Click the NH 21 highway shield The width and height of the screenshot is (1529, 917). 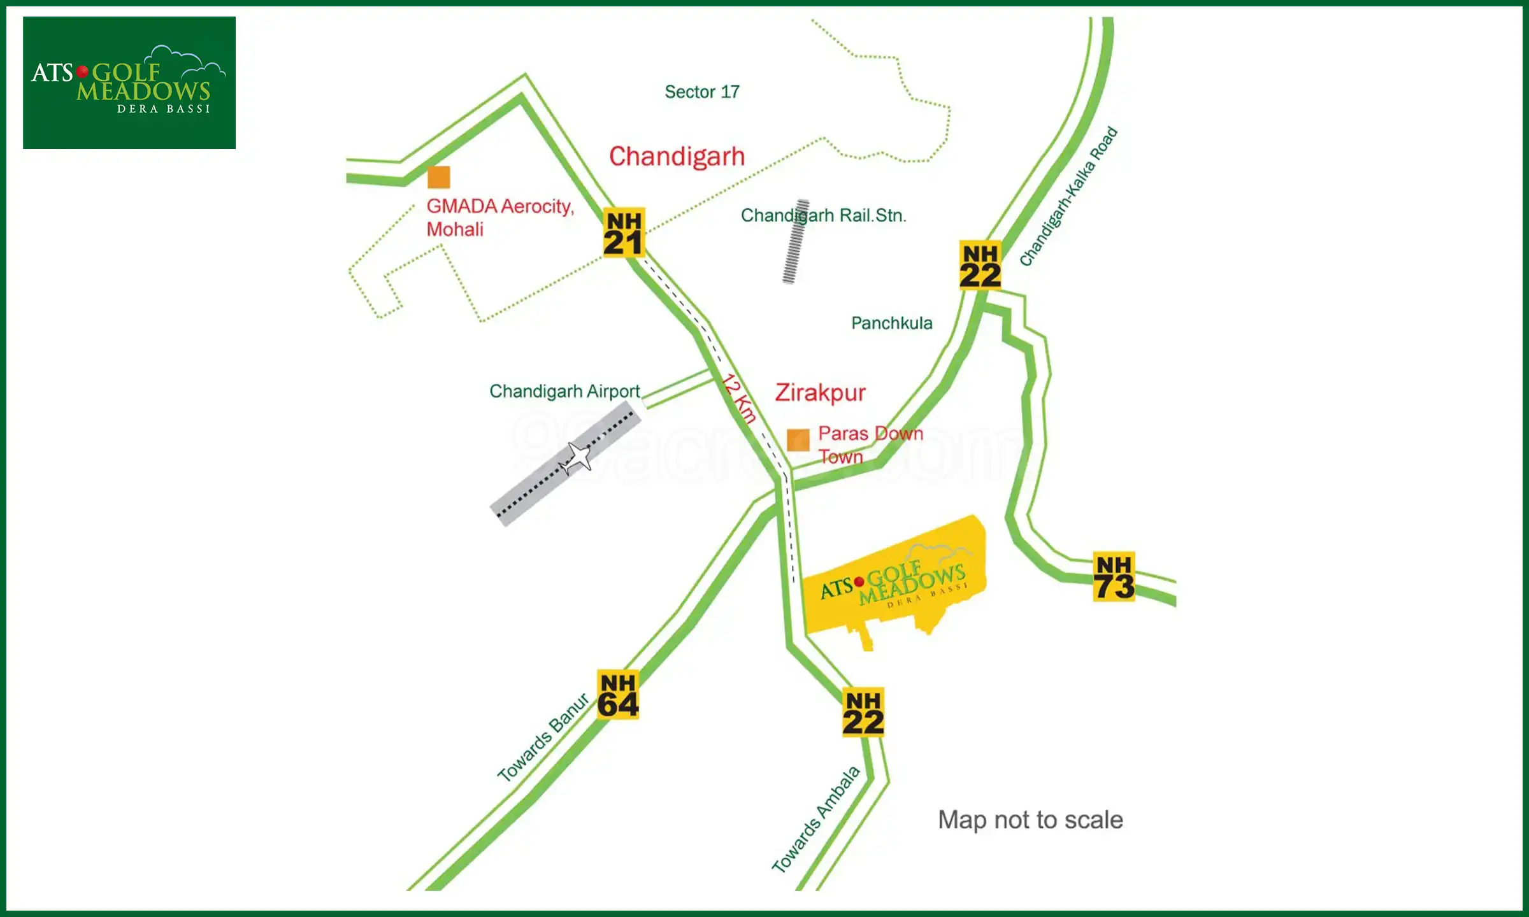pos(624,232)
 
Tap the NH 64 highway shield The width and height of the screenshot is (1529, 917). pos(618,695)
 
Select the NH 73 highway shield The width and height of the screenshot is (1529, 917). pos(1114,577)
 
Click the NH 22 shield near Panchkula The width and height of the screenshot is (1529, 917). pos(980,266)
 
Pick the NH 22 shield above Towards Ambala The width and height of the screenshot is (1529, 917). pos(863,713)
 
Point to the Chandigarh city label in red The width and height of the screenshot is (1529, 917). pos(677,157)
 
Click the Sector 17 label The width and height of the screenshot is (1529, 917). pos(702,92)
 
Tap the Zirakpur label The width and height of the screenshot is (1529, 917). pos(821,392)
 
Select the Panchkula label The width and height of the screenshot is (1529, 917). pos(891,323)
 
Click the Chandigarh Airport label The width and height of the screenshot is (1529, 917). pos(564,391)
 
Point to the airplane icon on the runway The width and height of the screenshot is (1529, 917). pos(577,457)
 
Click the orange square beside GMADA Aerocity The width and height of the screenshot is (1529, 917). pos(439,177)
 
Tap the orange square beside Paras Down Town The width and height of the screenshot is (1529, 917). pos(798,439)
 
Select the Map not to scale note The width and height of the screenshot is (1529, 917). pos(1030,820)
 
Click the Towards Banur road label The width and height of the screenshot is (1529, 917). pos(543,737)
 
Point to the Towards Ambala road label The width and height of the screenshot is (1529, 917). pos(815,820)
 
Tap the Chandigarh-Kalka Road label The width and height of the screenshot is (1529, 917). pos(1068,196)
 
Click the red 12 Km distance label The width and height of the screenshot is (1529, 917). pos(739,399)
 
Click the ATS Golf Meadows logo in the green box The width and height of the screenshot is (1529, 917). pos(129,83)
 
